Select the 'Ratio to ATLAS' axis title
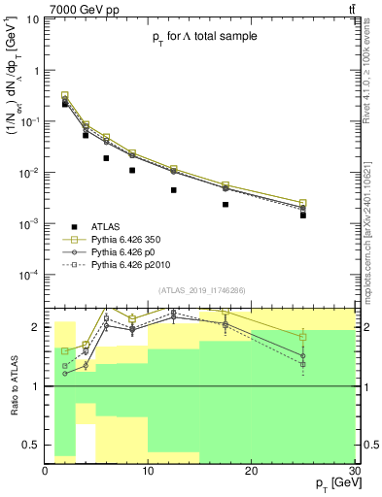(x=15, y=385)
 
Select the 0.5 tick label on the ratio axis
(x=34, y=446)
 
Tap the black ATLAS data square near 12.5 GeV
(x=174, y=190)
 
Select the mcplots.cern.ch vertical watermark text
(x=372, y=223)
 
